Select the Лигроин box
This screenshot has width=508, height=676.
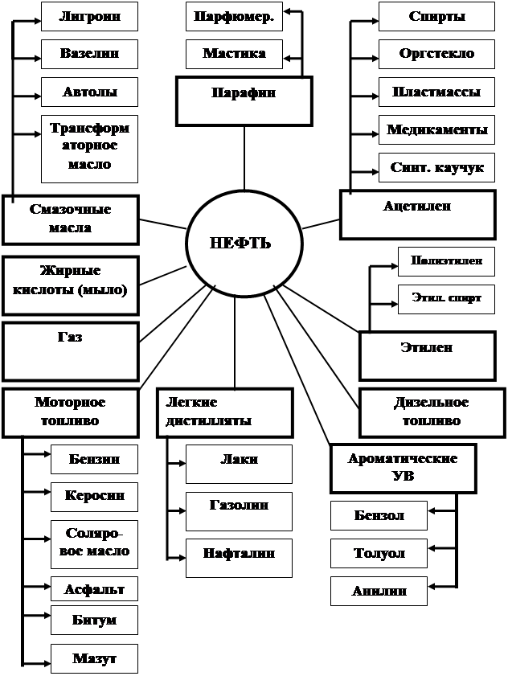tap(90, 17)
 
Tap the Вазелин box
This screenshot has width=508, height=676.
tap(90, 55)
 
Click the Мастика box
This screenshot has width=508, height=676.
tap(234, 55)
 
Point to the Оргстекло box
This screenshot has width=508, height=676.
tap(436, 55)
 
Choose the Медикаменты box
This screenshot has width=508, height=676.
tap(436, 129)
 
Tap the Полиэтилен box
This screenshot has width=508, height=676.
tap(446, 261)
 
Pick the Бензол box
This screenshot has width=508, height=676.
tap(379, 515)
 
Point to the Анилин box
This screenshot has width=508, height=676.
tap(379, 592)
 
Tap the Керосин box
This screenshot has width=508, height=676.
tap(94, 497)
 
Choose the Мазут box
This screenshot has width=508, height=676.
tap(94, 659)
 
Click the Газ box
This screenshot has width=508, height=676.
tap(70, 351)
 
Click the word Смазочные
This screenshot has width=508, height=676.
tap(70, 210)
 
